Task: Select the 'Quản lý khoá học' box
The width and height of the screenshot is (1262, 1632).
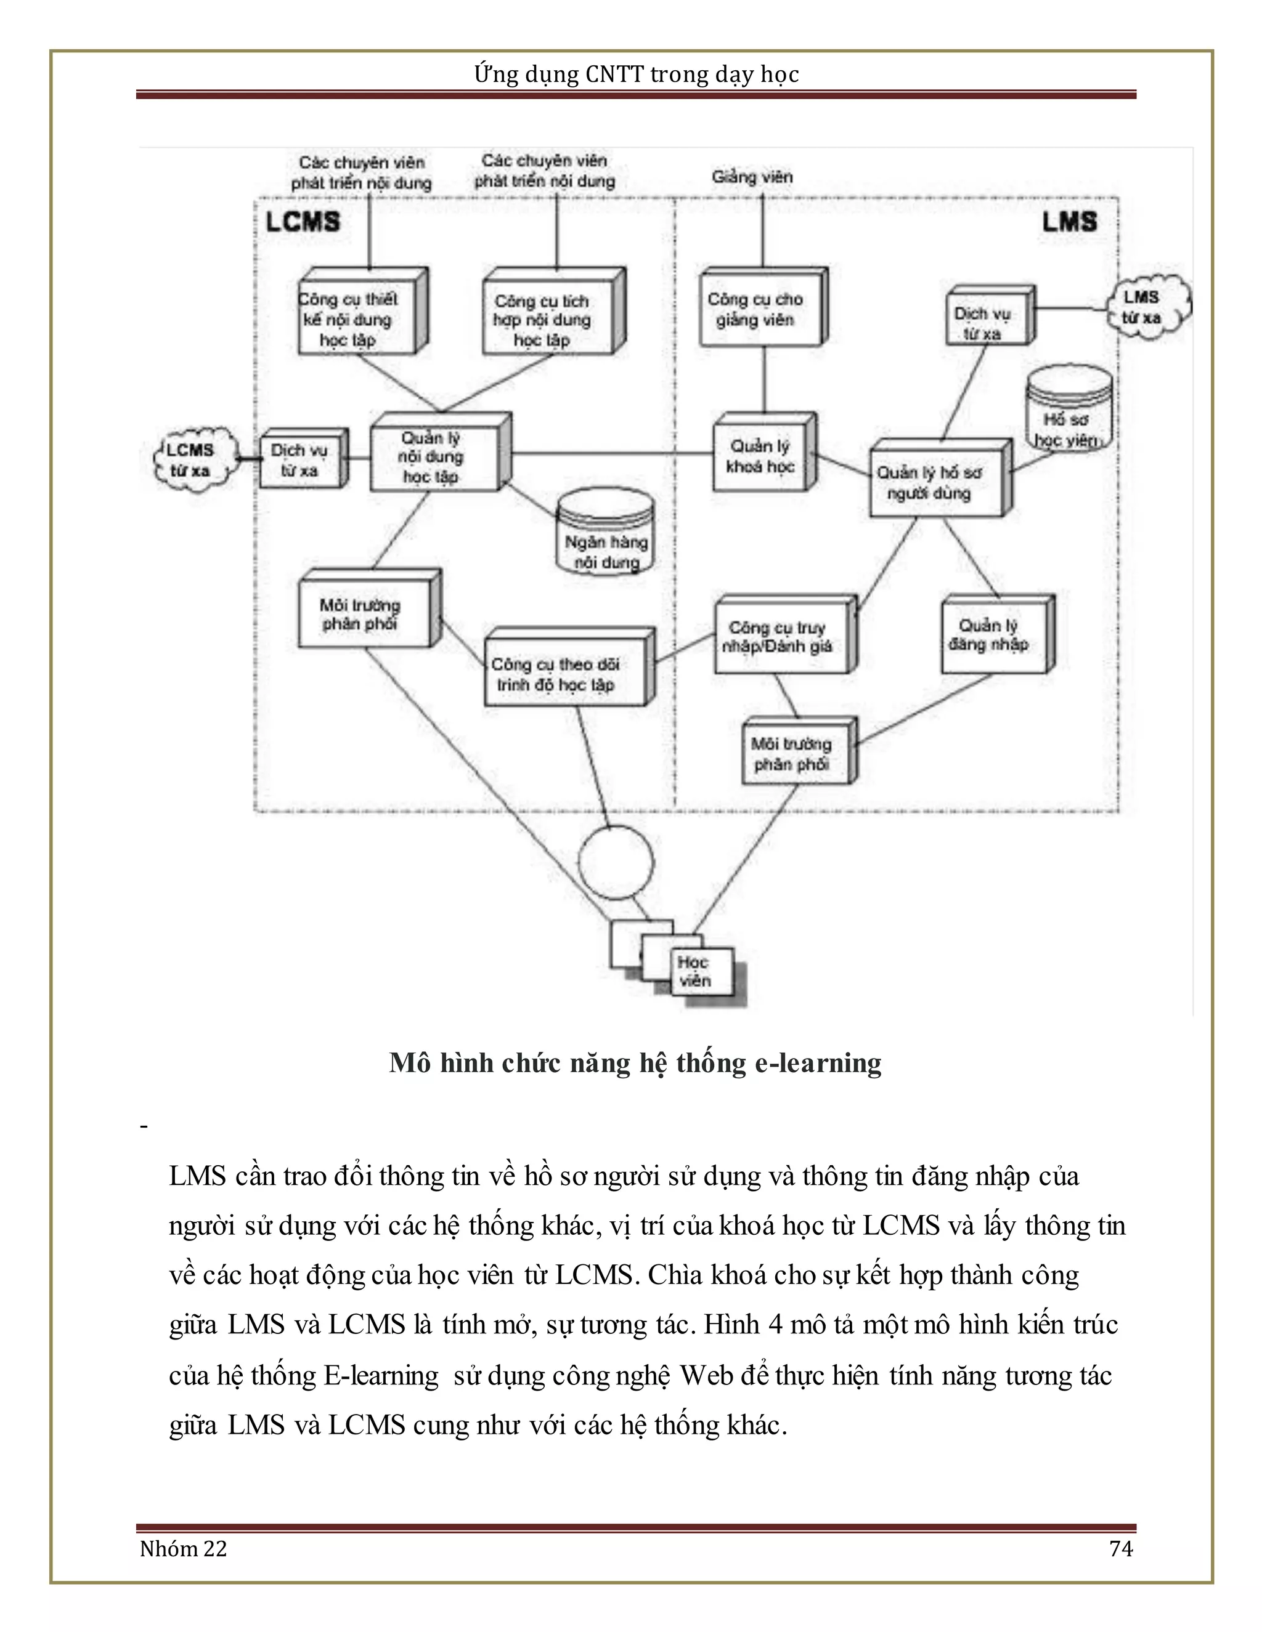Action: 760,456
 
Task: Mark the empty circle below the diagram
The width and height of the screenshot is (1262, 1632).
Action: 616,863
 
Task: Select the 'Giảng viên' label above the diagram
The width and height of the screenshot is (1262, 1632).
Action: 752,177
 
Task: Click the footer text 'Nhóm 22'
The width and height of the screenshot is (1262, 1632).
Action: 184,1548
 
